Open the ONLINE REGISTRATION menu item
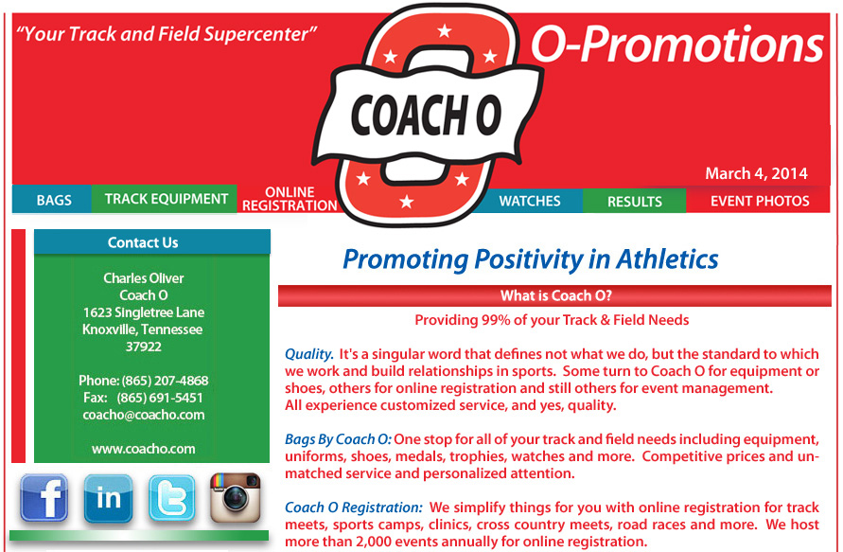click(290, 199)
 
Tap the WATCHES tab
click(530, 201)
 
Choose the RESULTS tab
click(635, 201)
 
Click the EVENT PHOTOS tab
click(759, 201)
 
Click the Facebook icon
click(44, 498)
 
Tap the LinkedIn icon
click(108, 498)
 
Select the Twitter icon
click(171, 498)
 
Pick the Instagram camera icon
click(235, 498)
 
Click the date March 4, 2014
click(756, 173)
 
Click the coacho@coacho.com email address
click(144, 415)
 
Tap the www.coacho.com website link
click(144, 449)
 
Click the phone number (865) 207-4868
click(165, 381)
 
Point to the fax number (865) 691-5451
click(160, 398)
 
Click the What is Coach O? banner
click(554, 295)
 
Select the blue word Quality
click(309, 354)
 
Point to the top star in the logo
click(444, 30)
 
